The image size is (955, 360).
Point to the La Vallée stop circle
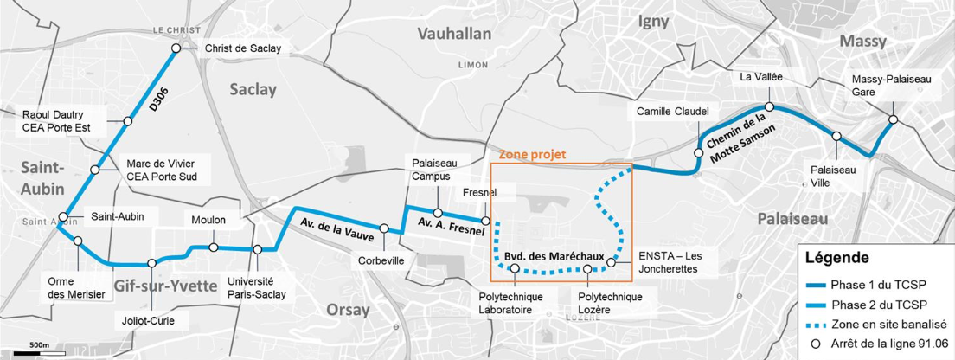(x=769, y=107)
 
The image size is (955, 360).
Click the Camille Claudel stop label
(x=672, y=112)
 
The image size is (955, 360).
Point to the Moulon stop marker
(x=214, y=248)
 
